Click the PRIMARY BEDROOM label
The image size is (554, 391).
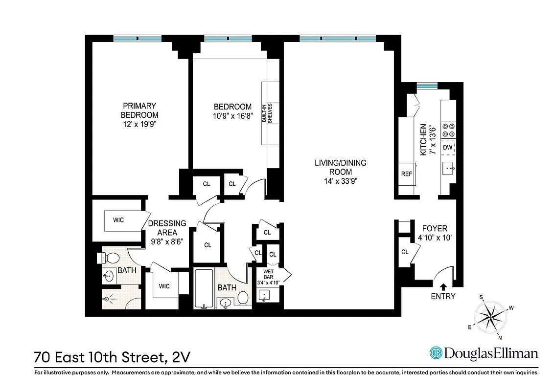click(139, 110)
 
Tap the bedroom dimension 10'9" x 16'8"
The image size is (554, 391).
click(232, 116)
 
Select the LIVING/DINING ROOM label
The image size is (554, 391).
click(340, 167)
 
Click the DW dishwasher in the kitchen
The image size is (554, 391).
click(447, 148)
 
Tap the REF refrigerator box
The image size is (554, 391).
click(406, 174)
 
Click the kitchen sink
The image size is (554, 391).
click(448, 169)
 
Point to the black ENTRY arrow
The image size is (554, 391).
click(443, 287)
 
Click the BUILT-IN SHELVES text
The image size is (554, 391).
click(266, 114)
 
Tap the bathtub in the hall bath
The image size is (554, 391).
click(204, 288)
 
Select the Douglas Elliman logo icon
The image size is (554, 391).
click(436, 353)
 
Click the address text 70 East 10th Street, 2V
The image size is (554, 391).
click(112, 356)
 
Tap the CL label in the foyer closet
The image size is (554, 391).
click(405, 252)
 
